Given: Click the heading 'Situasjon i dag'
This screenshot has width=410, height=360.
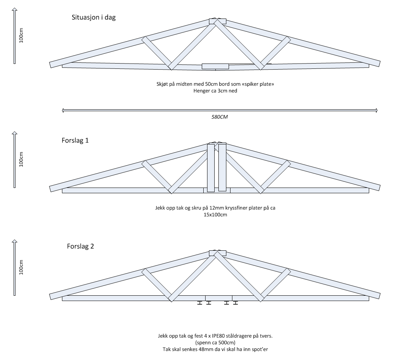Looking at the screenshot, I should (x=96, y=17).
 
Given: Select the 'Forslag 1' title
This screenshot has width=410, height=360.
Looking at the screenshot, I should (x=75, y=140).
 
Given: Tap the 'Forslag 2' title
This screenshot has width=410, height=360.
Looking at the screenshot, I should (x=80, y=246).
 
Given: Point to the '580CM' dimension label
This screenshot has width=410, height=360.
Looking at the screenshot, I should (x=220, y=117).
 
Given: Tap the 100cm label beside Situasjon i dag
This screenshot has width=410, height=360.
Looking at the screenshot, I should (x=22, y=36).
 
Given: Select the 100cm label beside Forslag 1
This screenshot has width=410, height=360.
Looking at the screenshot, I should (x=22, y=159).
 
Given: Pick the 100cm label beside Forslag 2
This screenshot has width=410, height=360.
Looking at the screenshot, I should (x=22, y=267).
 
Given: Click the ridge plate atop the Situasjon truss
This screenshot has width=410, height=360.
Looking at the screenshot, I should (x=217, y=21).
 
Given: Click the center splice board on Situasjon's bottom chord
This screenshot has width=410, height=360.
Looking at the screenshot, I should (x=215, y=67).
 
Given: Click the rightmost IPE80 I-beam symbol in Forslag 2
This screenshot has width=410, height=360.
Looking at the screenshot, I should (x=236, y=303).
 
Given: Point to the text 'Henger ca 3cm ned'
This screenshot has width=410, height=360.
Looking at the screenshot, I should (x=215, y=91).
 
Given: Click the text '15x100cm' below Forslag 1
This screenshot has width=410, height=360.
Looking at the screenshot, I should (x=215, y=215).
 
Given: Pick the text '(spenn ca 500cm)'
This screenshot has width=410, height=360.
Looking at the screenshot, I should (x=215, y=342).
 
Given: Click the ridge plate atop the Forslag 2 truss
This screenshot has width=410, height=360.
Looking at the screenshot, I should (x=217, y=253).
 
